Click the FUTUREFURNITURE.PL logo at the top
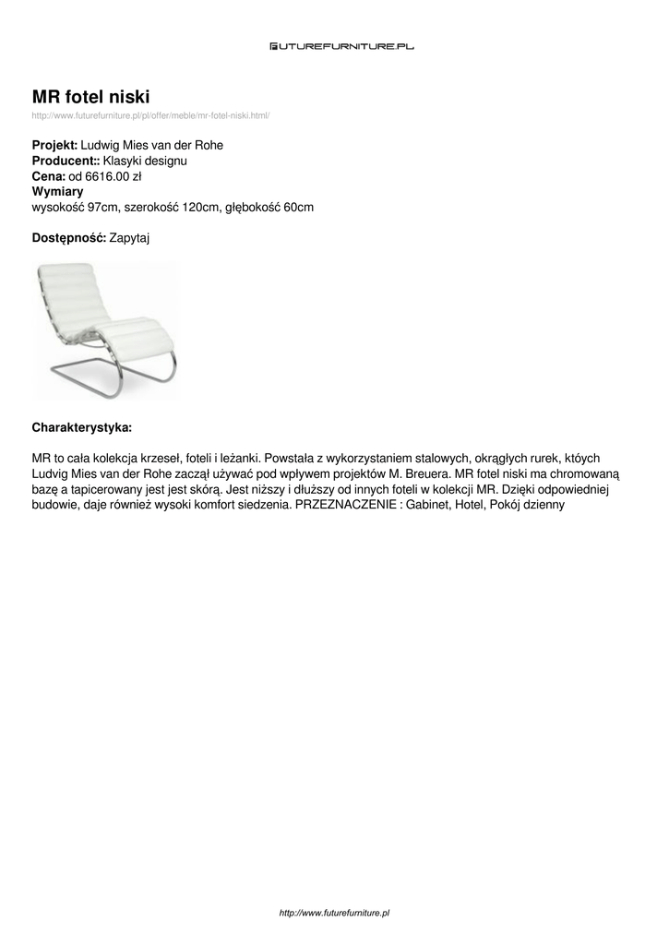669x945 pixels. (x=341, y=45)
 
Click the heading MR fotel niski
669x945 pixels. (x=91, y=96)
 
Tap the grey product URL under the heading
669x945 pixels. (x=150, y=115)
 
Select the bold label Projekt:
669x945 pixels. (x=55, y=146)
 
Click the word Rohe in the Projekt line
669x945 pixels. (x=209, y=146)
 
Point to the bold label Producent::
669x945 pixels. (x=66, y=161)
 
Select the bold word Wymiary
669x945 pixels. (x=58, y=192)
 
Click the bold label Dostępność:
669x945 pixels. (x=69, y=238)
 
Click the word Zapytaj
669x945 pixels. (x=129, y=238)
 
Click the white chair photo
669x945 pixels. (x=104, y=329)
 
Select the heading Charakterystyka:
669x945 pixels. (x=82, y=428)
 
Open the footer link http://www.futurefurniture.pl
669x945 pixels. (x=334, y=913)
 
